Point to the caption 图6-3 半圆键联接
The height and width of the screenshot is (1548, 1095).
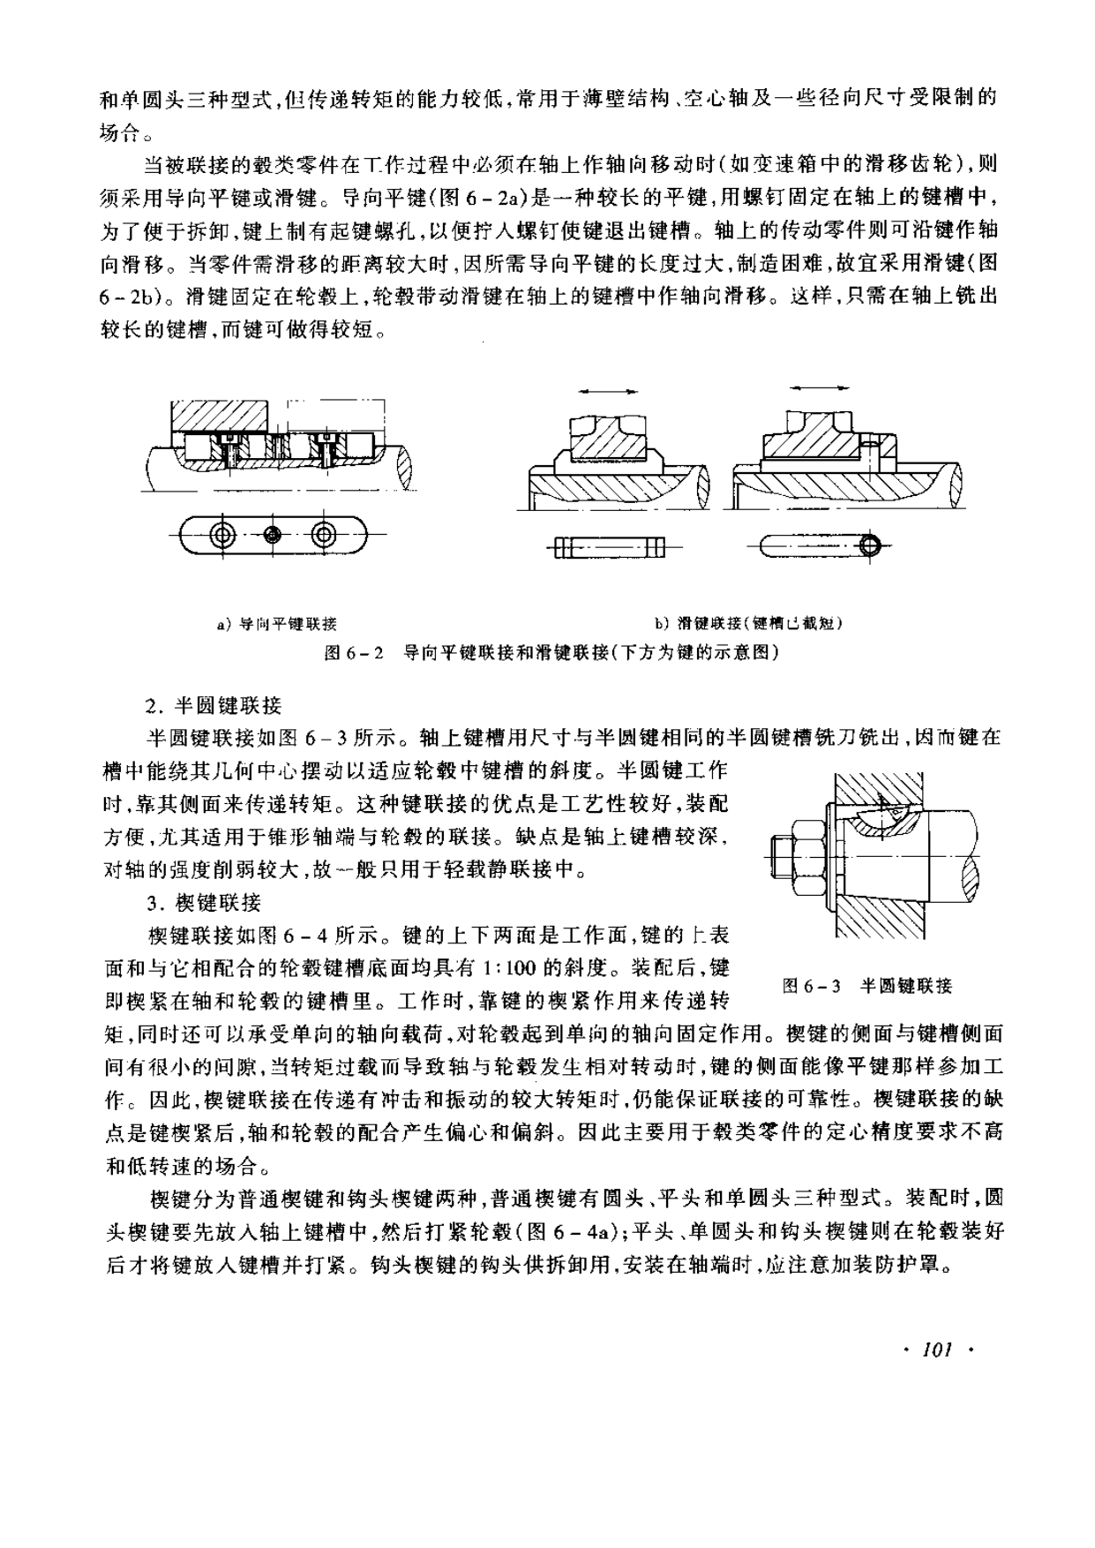pos(867,986)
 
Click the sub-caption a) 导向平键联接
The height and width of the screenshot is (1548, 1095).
pos(277,624)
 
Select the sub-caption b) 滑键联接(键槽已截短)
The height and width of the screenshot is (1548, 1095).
pos(747,624)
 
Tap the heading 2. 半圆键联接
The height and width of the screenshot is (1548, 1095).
pos(214,705)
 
